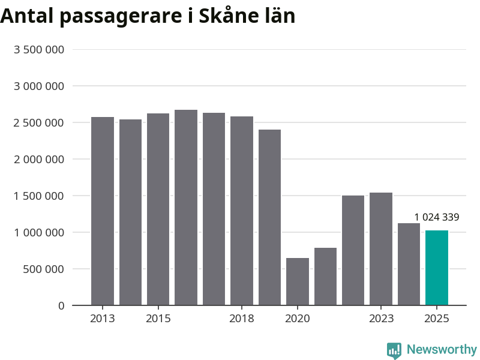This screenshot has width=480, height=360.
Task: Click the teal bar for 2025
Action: tap(437, 268)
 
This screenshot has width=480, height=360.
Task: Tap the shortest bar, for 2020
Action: tap(298, 281)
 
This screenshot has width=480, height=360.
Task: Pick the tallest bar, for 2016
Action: tap(186, 208)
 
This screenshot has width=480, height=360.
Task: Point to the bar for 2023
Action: tap(381, 249)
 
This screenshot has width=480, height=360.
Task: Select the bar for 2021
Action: tap(325, 277)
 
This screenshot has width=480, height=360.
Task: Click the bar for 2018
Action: tap(242, 211)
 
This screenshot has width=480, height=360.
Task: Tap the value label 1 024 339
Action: tap(437, 217)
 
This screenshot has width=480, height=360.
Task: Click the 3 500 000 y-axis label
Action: tap(39, 50)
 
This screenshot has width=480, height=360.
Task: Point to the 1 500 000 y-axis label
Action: tap(39, 196)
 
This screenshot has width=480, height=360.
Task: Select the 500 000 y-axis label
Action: tap(44, 269)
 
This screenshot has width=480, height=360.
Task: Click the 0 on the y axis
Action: tap(61, 306)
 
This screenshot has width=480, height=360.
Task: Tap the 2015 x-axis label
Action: tap(158, 319)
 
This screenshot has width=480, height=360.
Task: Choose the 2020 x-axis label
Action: tap(298, 319)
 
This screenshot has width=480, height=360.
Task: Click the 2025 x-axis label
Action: tap(437, 319)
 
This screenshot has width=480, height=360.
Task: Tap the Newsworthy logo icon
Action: tap(394, 350)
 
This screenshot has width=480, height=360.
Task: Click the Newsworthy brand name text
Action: tap(442, 349)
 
